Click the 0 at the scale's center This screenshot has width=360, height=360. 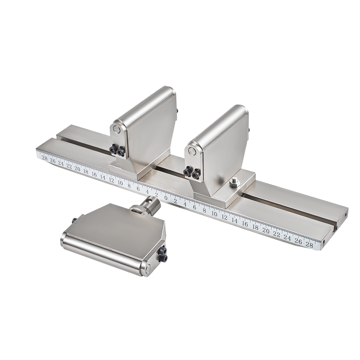click(x=166, y=198)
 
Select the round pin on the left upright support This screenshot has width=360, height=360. click(x=117, y=130)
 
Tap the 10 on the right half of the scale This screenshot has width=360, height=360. click(x=214, y=214)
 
